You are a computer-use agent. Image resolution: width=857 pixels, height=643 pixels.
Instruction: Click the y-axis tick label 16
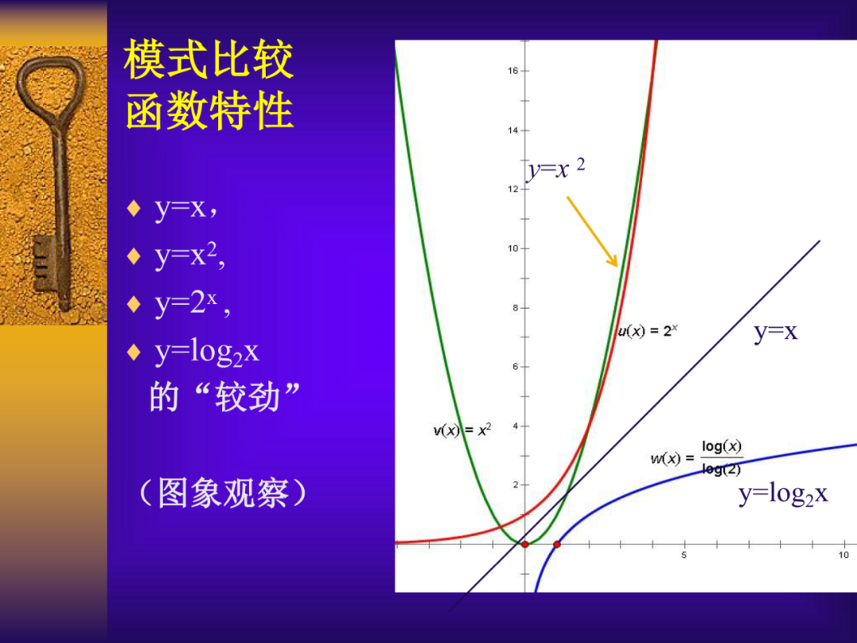point(513,71)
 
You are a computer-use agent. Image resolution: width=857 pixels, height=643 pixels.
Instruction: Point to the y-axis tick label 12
point(513,190)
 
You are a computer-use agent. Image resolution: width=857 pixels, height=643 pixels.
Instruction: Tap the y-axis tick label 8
point(515,308)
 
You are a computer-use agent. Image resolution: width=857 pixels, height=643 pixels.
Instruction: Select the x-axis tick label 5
point(684,556)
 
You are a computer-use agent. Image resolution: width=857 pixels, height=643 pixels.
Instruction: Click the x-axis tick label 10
point(844,556)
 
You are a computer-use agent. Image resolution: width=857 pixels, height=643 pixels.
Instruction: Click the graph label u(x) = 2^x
point(648,331)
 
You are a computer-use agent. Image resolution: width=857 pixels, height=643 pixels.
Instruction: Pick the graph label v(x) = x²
point(463,430)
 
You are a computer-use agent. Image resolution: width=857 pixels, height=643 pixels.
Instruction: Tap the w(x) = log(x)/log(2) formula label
point(697,457)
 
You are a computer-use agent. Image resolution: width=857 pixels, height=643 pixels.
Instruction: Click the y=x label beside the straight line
point(775,332)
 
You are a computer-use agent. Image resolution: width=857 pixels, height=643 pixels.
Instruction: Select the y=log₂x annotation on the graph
point(782,495)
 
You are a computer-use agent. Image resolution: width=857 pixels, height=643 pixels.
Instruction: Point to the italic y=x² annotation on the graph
point(556,169)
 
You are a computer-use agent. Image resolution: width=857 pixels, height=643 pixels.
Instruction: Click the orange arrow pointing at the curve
point(592,231)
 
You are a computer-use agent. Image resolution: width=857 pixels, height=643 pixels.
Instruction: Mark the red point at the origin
point(525,545)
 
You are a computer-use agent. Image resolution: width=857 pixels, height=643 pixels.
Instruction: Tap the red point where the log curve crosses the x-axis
point(557,545)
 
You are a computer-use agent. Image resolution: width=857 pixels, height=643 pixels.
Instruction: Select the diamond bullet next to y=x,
point(134,210)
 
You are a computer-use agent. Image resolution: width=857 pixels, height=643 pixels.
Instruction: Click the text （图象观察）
point(222,494)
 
